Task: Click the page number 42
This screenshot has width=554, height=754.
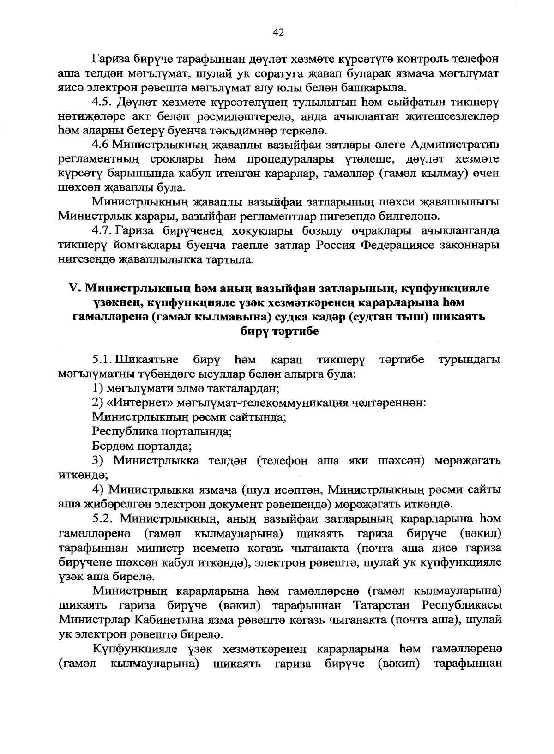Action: tap(278, 32)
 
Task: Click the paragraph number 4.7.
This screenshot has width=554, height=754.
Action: tap(102, 231)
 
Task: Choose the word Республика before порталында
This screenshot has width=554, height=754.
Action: tap(124, 432)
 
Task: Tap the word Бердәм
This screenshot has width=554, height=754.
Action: tap(112, 446)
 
